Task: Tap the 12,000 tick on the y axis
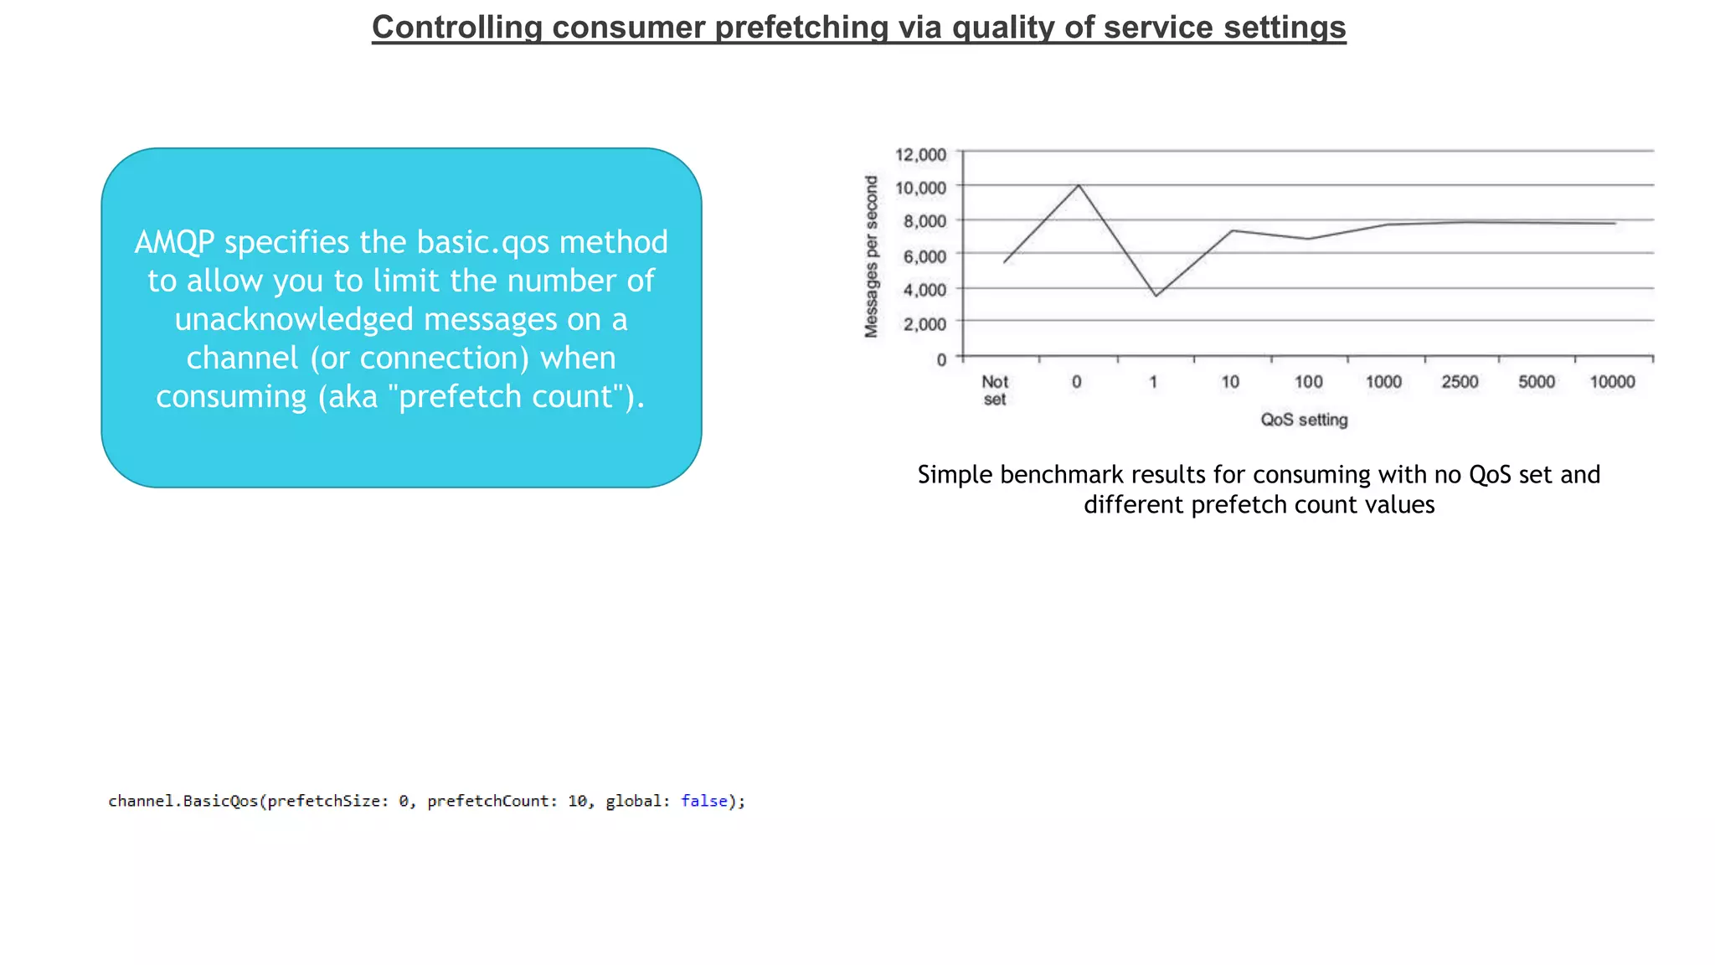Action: (920, 155)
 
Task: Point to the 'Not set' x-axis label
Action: (994, 390)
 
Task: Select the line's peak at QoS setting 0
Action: (1079, 185)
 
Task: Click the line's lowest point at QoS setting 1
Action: (1156, 296)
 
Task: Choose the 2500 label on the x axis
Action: (1460, 382)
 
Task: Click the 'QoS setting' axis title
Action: (1304, 420)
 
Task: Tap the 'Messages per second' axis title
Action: (872, 256)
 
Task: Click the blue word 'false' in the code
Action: (704, 801)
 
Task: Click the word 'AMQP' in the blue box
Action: (174, 242)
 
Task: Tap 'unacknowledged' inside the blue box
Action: (294, 319)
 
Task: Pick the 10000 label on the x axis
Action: (1612, 382)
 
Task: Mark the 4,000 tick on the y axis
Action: (924, 290)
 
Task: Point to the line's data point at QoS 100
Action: (1308, 239)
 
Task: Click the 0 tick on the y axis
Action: (941, 359)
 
